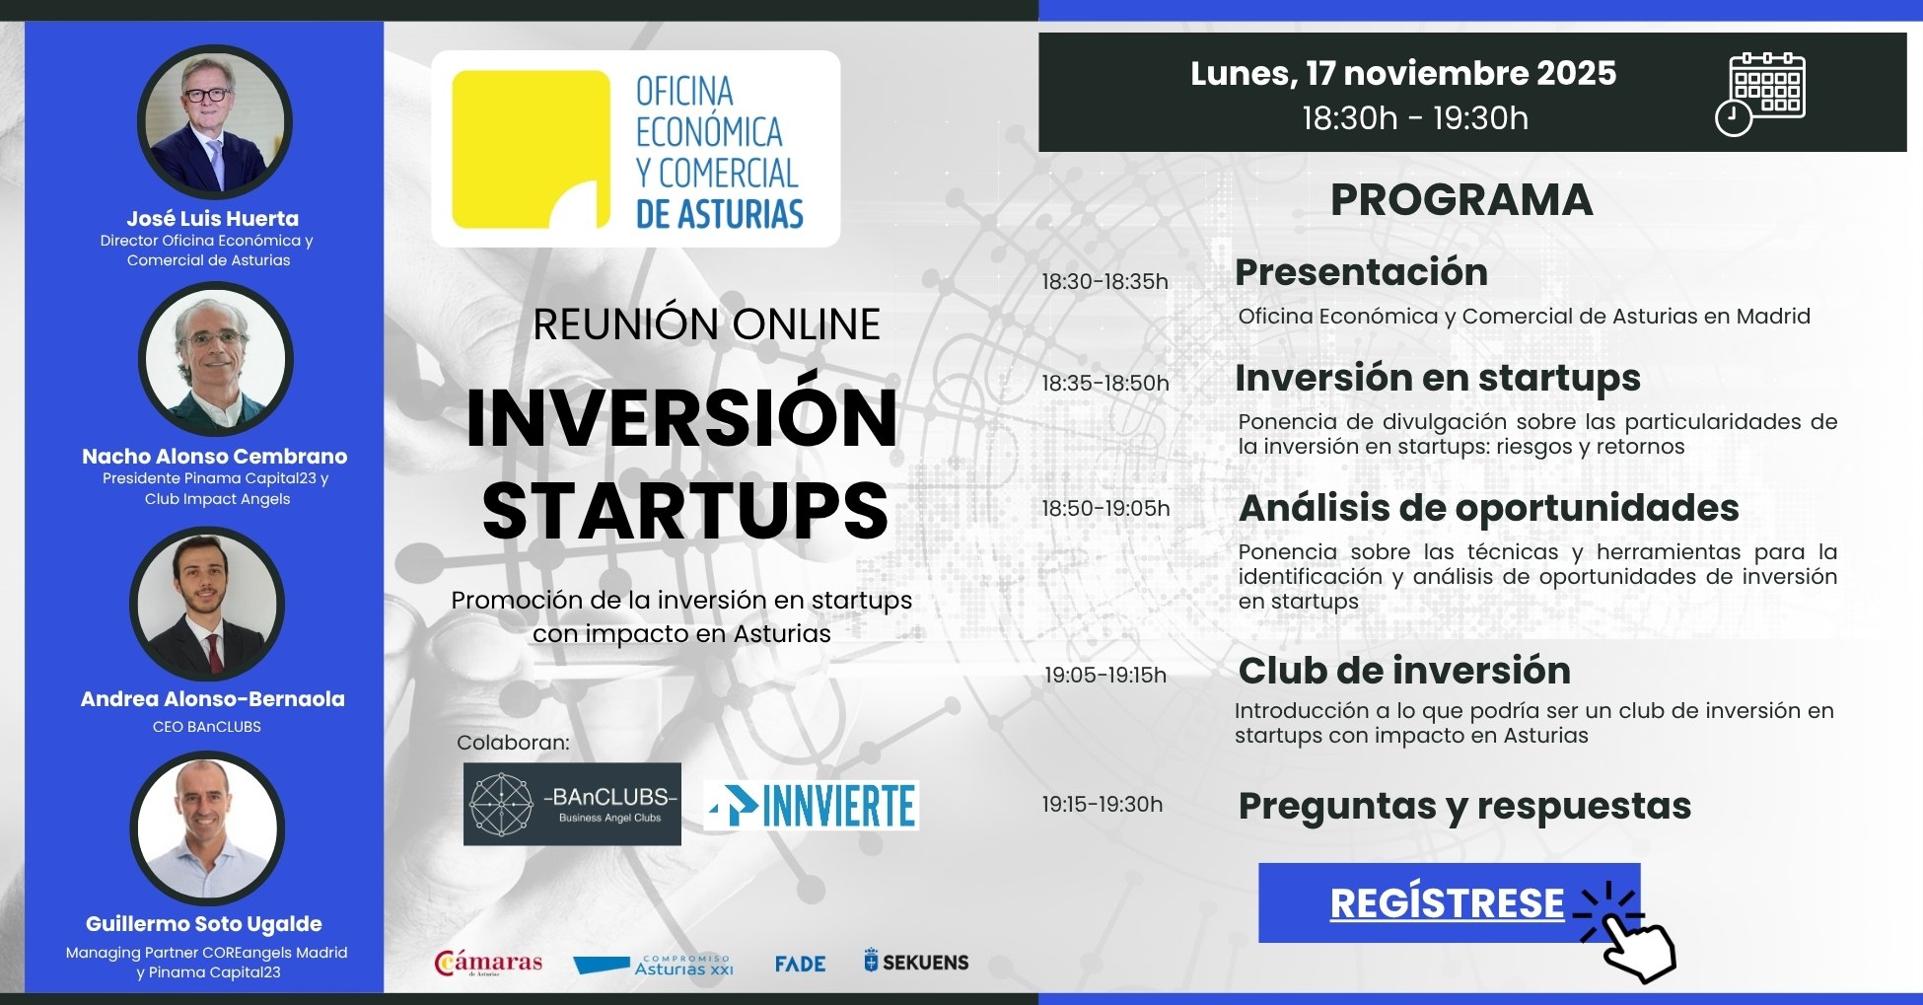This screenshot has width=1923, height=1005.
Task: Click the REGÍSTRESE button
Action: [x=1448, y=903]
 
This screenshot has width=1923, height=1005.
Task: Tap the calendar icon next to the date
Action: [x=1761, y=93]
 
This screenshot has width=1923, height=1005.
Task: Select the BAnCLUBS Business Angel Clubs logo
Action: [x=572, y=804]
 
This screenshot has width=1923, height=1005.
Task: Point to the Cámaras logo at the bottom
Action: [x=489, y=963]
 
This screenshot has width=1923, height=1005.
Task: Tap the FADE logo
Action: [x=800, y=964]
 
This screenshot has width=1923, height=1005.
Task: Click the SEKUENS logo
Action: [x=916, y=962]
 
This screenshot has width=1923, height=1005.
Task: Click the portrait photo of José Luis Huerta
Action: [x=214, y=122]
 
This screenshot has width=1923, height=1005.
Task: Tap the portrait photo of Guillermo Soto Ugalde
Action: [x=207, y=828]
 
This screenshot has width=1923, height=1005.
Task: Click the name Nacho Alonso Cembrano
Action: [x=214, y=457]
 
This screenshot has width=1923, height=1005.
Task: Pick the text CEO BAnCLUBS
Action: [x=207, y=727]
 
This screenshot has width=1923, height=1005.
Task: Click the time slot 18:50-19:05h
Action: [x=1105, y=509]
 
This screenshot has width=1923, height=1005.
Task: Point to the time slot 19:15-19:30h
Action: [x=1103, y=805]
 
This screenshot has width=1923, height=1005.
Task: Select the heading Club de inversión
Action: [x=1404, y=671]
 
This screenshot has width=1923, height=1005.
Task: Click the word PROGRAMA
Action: [x=1460, y=200]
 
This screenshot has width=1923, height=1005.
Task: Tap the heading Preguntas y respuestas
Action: [x=1464, y=806]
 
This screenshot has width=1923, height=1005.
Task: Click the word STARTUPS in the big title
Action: [x=685, y=511]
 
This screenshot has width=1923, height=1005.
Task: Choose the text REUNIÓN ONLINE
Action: [x=706, y=324]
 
